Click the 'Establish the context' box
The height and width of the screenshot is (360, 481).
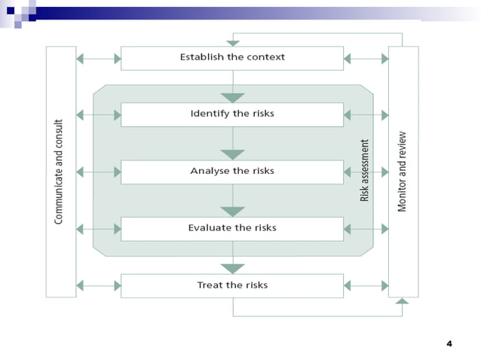(x=232, y=58)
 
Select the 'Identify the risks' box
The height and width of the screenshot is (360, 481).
(x=232, y=114)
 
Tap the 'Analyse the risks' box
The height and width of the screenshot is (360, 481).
(x=232, y=172)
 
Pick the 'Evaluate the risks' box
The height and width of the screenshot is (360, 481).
(x=232, y=228)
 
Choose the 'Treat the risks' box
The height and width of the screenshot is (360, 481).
(x=232, y=285)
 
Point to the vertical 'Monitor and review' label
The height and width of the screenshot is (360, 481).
(x=403, y=171)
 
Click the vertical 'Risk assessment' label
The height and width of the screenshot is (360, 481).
(x=365, y=170)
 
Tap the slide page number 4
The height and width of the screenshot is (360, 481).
(x=449, y=344)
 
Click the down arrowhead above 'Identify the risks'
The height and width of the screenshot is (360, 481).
(x=232, y=98)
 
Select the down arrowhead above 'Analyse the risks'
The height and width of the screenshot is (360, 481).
(x=232, y=154)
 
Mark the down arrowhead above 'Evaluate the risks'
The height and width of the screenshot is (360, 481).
(x=232, y=212)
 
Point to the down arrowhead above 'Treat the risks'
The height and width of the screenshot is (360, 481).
(x=232, y=268)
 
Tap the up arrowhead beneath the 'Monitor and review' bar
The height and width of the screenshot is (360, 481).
(x=402, y=302)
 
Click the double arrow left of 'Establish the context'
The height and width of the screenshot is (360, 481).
(x=99, y=58)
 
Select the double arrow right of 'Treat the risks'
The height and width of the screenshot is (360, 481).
(x=366, y=285)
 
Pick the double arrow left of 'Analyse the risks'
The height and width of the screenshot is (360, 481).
(x=99, y=172)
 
